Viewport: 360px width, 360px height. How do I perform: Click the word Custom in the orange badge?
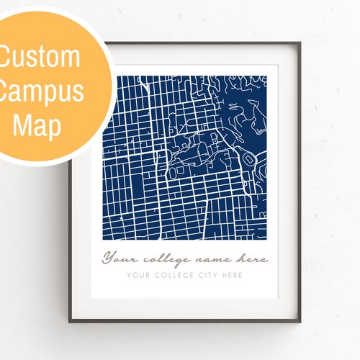click(x=40, y=58)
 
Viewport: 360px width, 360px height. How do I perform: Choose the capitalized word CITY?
click(x=210, y=275)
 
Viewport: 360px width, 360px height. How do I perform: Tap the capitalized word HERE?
click(x=233, y=275)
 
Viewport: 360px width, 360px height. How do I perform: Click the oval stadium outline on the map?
click(x=248, y=158)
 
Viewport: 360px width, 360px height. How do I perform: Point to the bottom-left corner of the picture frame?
click(x=70, y=320)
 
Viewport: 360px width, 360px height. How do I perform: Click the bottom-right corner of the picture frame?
click(x=300, y=320)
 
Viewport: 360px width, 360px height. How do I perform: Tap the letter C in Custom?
click(x=7, y=58)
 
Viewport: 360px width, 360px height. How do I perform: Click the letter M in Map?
click(x=22, y=125)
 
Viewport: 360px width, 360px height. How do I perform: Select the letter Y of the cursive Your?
click(x=109, y=257)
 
